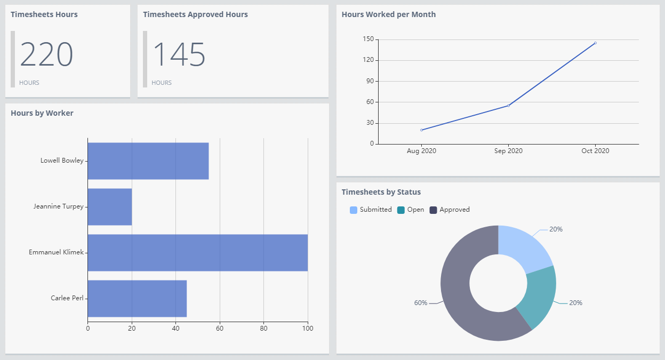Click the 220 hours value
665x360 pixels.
46,54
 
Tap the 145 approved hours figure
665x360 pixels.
179,54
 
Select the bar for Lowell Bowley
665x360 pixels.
148,161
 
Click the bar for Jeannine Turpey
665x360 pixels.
110,206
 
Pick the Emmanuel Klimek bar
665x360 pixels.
197,252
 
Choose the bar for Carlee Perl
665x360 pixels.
137,298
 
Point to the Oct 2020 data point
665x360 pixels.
595,43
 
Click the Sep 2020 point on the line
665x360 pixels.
508,106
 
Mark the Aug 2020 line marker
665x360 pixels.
421,130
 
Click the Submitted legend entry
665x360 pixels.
371,210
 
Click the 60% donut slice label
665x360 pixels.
421,303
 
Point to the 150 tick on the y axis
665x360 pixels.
367,39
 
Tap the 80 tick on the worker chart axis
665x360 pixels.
263,328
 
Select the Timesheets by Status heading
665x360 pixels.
381,192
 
